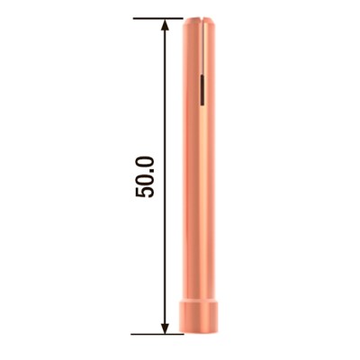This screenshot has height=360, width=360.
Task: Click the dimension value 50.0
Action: tap(148, 176)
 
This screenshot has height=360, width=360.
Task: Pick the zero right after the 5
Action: tap(148, 182)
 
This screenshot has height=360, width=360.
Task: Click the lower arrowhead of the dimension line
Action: tap(165, 327)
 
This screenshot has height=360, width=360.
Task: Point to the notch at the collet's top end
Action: tap(202, 25)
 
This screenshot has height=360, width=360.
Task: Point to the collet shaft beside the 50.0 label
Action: tap(202, 176)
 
